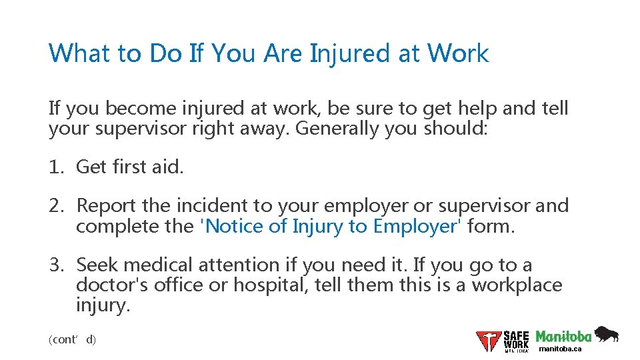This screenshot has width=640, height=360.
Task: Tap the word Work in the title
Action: [x=458, y=53]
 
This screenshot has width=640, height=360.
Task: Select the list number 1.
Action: [x=55, y=167]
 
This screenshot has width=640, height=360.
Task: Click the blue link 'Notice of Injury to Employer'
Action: [x=331, y=227]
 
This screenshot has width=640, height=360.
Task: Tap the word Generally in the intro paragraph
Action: [x=337, y=128]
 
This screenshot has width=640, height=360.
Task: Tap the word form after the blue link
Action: [x=491, y=227]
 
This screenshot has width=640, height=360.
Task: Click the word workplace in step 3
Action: [x=517, y=285]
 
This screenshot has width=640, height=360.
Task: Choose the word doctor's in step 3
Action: [x=112, y=285]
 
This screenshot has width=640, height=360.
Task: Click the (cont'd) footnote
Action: [x=73, y=339]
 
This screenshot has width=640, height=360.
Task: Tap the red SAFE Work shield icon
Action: [x=488, y=341]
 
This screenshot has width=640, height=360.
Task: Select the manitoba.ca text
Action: [x=560, y=349]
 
